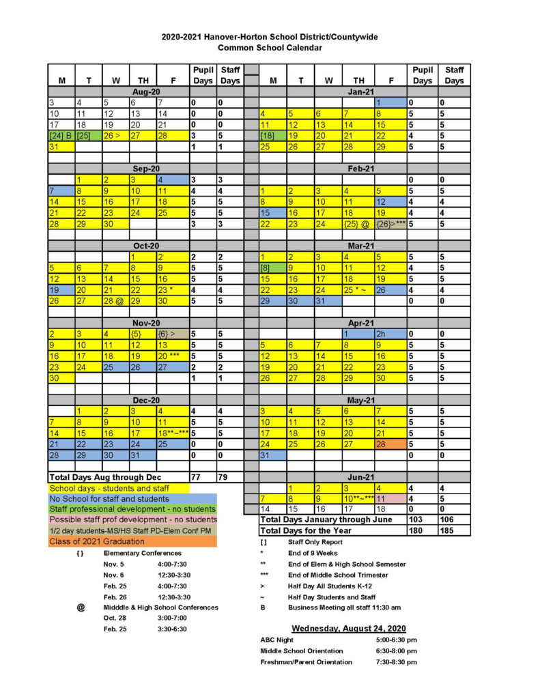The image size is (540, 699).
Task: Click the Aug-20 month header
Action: (x=145, y=91)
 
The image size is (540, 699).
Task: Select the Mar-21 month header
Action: (x=360, y=245)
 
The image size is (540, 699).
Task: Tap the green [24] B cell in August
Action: (x=61, y=136)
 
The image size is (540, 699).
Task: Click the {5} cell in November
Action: (x=143, y=334)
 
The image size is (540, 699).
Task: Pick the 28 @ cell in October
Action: (x=115, y=300)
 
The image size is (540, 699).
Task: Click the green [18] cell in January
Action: (x=272, y=136)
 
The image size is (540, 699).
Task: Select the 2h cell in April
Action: (x=391, y=334)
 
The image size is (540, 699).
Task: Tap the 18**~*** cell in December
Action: (x=173, y=433)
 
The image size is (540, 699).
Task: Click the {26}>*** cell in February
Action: (x=391, y=224)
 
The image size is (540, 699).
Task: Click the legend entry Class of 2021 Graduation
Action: (x=91, y=541)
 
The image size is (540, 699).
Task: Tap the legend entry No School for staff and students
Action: (x=109, y=498)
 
